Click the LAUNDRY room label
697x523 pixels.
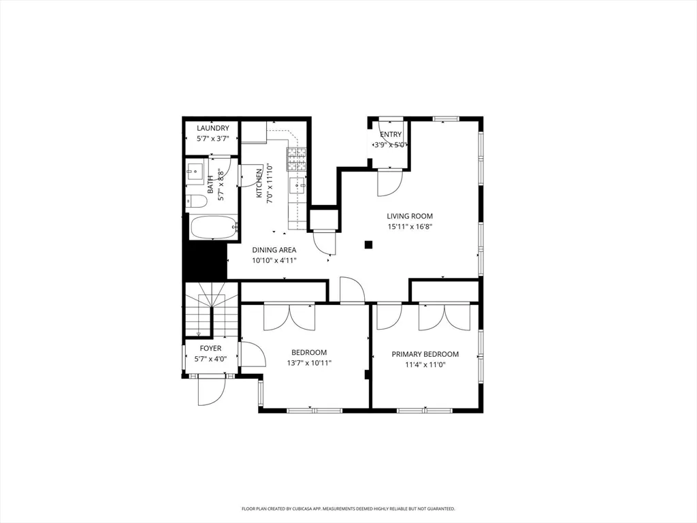pos(213,128)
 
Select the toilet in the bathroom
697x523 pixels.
pos(196,202)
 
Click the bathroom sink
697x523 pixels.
pos(195,170)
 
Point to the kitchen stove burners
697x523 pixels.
pos(297,159)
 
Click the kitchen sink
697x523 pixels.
pos(297,185)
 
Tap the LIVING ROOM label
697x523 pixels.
pos(409,216)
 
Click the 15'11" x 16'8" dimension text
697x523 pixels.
pos(409,226)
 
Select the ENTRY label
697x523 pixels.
pos(391,134)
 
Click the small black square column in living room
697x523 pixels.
pos(368,244)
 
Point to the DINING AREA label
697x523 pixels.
pos(274,250)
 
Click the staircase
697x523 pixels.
pos(212,311)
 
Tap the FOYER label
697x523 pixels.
pos(210,348)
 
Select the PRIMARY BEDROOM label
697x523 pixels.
pos(425,354)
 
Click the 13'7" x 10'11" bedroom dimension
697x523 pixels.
pos(309,363)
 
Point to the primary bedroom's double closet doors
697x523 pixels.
pos(444,317)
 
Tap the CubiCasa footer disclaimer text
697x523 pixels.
pos(348,508)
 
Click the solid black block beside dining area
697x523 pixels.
pos(206,261)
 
